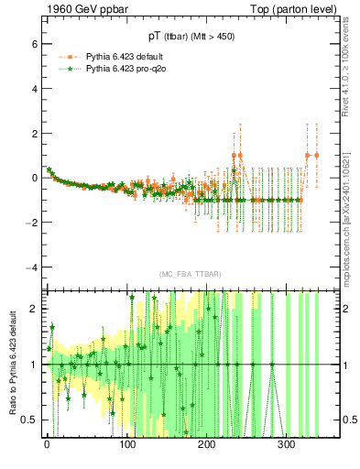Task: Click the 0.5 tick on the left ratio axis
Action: click(27, 420)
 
